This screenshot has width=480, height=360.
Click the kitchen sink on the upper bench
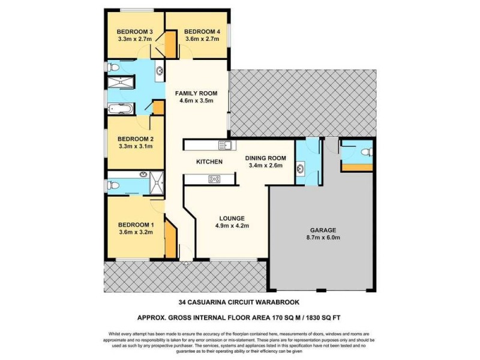(x=225, y=145)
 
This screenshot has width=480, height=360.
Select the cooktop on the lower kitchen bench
(x=214, y=178)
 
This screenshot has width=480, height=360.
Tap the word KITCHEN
(x=209, y=162)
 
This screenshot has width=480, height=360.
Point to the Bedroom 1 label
(x=136, y=225)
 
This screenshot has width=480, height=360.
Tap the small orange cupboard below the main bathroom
(x=159, y=108)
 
